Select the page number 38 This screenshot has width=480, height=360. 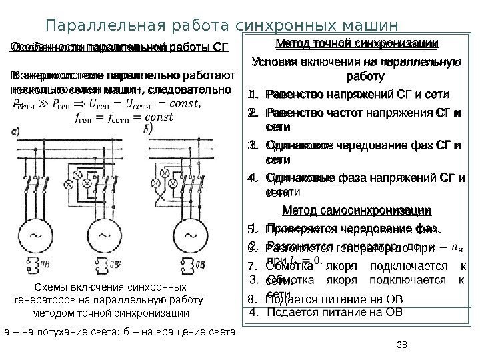pos(401,345)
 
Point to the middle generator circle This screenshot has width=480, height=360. pos(103,234)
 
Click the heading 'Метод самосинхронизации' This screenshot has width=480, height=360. pos(357,211)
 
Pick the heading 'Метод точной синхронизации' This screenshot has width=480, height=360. pos(357,45)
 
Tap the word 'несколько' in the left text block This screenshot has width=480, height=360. pos(36,89)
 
